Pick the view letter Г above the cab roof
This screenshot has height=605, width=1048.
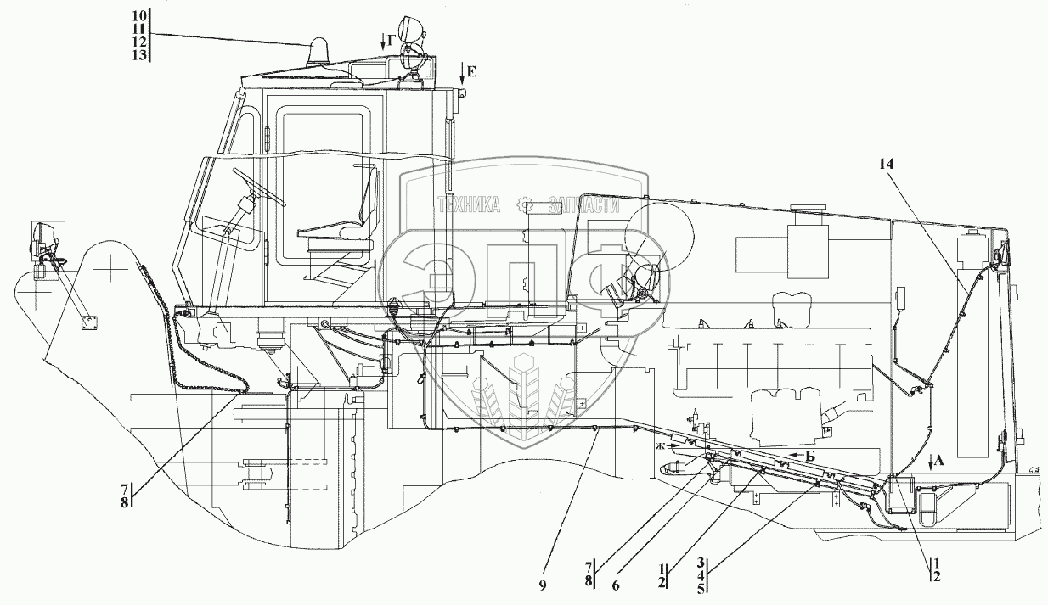click(390, 41)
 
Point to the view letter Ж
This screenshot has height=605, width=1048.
click(660, 445)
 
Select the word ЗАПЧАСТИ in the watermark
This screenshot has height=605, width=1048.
click(583, 204)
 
